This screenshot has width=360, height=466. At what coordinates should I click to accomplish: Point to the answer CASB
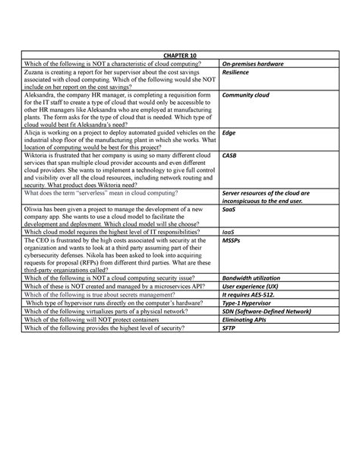[229, 154]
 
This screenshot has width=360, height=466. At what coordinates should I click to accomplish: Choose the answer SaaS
[228, 208]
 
